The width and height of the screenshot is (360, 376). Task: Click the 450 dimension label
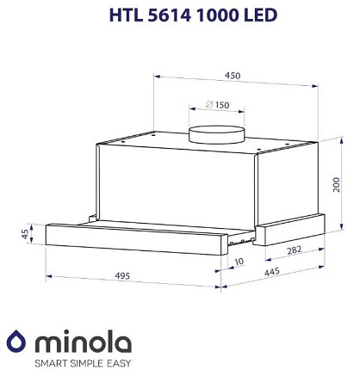(233, 76)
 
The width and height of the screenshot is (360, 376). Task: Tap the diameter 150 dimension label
(218, 105)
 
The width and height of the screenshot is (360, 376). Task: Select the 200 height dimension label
(336, 185)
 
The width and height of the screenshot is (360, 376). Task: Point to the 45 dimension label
(26, 234)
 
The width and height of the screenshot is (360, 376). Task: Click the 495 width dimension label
(122, 275)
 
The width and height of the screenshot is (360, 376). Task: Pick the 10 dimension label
(239, 262)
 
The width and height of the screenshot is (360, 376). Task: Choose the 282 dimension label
(295, 250)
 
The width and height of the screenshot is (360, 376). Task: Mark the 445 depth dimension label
(272, 272)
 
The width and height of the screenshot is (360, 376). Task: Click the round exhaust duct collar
(217, 134)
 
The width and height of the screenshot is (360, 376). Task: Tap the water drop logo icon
(16, 341)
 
